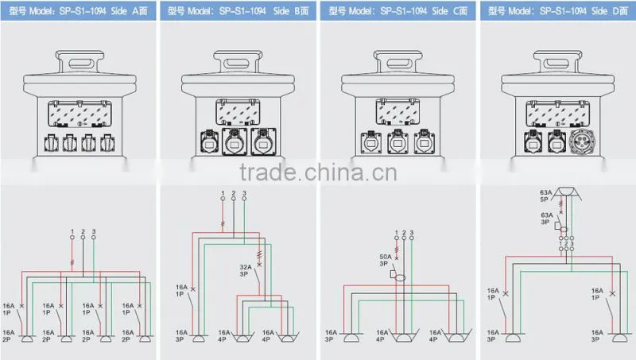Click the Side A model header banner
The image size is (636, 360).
(78, 10)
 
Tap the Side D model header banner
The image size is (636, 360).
(558, 10)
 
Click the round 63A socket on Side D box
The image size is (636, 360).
(582, 142)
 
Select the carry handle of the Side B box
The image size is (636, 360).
(238, 63)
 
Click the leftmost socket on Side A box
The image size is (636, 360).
(51, 143)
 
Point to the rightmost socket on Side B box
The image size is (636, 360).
(264, 141)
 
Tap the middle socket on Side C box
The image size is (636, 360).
(398, 142)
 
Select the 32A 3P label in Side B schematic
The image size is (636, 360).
(245, 270)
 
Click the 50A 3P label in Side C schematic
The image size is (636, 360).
(386, 260)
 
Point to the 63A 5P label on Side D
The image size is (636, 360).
(545, 195)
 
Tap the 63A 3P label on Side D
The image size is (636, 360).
(546, 219)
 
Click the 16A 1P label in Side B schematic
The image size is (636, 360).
(181, 291)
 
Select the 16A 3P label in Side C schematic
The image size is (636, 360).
(331, 335)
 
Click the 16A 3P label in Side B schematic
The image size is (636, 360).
(181, 335)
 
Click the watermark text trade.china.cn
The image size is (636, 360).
(318, 172)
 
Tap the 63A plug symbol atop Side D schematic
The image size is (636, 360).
(567, 193)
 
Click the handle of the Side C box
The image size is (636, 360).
(398, 63)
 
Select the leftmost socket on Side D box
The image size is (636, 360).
(533, 141)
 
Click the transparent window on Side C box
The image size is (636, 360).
(397, 111)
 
